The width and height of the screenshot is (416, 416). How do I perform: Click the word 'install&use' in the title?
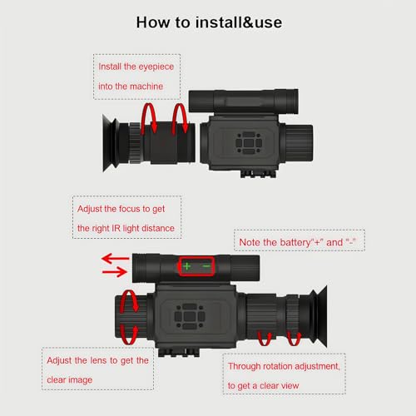pos(239,22)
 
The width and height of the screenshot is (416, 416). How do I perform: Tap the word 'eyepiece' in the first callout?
pos(156,67)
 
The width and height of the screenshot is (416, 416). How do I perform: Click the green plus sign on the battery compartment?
pos(187,266)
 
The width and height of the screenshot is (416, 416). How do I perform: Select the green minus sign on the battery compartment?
pos(206,266)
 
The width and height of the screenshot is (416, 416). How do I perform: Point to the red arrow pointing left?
pos(116,259)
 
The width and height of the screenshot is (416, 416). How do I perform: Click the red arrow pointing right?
pos(115,272)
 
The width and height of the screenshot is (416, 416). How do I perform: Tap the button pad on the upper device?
pos(249,143)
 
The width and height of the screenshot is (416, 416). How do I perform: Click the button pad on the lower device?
pos(190,315)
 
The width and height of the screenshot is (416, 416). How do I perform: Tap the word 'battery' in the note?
pos(295,243)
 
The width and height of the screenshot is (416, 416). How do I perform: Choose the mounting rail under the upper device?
pos(258,174)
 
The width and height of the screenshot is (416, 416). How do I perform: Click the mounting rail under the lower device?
pos(179,352)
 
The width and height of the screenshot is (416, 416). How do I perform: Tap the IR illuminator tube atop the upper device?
pos(244,102)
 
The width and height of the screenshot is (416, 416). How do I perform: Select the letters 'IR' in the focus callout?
pos(116,229)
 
